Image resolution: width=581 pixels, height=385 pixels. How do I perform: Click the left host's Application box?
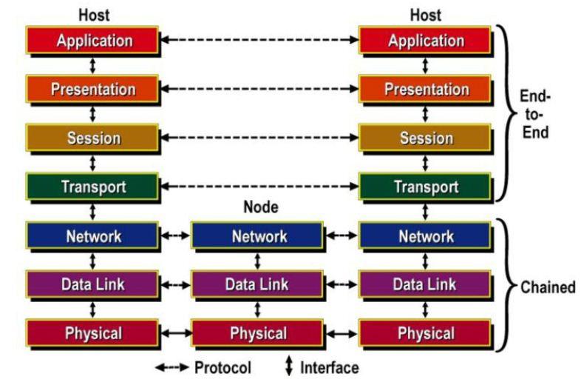click(92, 41)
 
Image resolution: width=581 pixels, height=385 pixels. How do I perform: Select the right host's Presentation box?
click(426, 90)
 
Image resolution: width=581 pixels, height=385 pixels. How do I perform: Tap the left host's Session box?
click(92, 138)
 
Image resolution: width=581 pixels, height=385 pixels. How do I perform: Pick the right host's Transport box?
click(426, 187)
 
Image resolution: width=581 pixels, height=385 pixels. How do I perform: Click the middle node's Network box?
click(259, 236)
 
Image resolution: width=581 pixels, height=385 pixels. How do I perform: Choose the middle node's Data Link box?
click(259, 285)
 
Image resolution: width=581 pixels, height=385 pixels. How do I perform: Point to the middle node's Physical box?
click(259, 333)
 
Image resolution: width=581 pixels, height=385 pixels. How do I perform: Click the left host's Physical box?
click(92, 333)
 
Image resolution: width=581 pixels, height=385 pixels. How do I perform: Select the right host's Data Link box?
click(426, 285)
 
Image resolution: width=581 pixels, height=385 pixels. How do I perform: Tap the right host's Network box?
click(426, 236)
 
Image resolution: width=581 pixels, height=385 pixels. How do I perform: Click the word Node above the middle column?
click(260, 208)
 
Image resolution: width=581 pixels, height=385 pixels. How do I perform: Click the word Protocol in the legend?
click(223, 367)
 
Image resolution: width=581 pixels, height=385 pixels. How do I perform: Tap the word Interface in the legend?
click(329, 367)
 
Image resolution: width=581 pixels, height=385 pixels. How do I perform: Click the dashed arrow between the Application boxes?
click(259, 40)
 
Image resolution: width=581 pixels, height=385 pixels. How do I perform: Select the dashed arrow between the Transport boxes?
click(259, 187)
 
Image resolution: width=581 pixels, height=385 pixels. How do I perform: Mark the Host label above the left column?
click(92, 14)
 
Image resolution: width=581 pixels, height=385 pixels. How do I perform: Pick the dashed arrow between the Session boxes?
click(259, 138)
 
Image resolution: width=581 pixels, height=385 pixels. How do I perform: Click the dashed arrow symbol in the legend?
click(171, 367)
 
